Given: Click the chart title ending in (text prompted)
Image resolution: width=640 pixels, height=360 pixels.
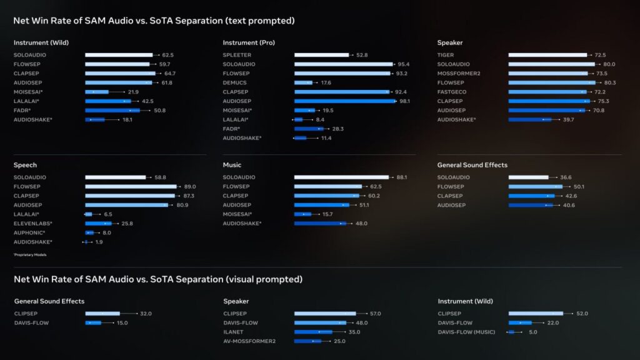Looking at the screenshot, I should click(154, 21).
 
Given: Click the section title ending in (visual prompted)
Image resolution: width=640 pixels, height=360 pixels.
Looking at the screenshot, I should click(157, 279).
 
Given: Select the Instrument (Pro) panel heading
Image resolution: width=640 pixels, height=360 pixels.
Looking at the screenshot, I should click(249, 42).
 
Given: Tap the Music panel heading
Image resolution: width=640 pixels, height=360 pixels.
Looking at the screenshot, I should click(232, 165).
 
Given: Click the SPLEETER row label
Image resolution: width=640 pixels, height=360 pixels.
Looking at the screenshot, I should click(237, 55).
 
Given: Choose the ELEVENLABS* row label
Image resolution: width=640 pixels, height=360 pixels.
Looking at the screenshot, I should click(32, 223).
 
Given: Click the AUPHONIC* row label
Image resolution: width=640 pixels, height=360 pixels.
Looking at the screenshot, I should click(29, 232).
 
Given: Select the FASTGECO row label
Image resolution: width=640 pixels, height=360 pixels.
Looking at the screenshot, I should click(451, 92).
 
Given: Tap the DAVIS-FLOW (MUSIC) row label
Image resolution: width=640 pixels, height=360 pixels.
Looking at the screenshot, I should click(466, 332).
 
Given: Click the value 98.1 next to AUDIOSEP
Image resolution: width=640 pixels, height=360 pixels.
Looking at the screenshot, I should click(406, 101).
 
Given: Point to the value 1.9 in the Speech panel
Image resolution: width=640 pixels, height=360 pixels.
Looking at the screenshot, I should click(99, 242).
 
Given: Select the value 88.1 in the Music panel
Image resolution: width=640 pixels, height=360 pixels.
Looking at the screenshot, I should click(402, 177).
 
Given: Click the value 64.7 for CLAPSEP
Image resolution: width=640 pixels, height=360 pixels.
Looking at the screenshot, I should click(170, 73).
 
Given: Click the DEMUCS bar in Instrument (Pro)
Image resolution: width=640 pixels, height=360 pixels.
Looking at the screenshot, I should click(303, 82).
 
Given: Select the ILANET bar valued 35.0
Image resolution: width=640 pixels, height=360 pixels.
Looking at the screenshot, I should click(313, 332).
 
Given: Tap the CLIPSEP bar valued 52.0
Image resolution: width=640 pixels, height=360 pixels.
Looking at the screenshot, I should click(535, 314).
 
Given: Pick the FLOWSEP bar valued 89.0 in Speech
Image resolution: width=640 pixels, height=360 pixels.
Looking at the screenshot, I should click(131, 186).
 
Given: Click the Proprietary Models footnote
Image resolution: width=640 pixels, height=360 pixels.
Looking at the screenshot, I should click(29, 254).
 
